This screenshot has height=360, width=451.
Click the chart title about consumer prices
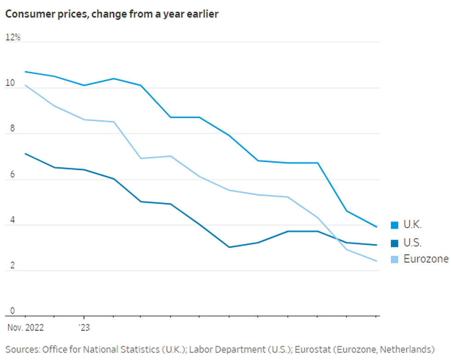112,14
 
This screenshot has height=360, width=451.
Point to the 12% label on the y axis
13,38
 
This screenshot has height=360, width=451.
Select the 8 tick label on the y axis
12,129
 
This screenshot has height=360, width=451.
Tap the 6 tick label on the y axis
12,175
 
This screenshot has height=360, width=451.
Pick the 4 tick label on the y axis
12,221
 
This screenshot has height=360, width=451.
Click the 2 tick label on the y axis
12,266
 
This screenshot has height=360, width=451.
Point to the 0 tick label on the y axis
12,311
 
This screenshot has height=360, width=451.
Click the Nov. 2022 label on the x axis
25,328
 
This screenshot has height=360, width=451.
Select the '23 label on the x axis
84,328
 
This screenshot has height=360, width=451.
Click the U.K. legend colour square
394,225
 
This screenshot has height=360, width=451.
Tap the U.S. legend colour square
394,243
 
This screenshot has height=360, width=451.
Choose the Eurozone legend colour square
394,260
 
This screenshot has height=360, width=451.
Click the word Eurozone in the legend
426,259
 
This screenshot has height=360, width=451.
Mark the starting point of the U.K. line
25,72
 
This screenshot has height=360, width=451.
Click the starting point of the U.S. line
25,154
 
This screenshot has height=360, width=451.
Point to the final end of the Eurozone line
377,261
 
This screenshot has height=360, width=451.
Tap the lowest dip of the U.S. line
229,247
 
